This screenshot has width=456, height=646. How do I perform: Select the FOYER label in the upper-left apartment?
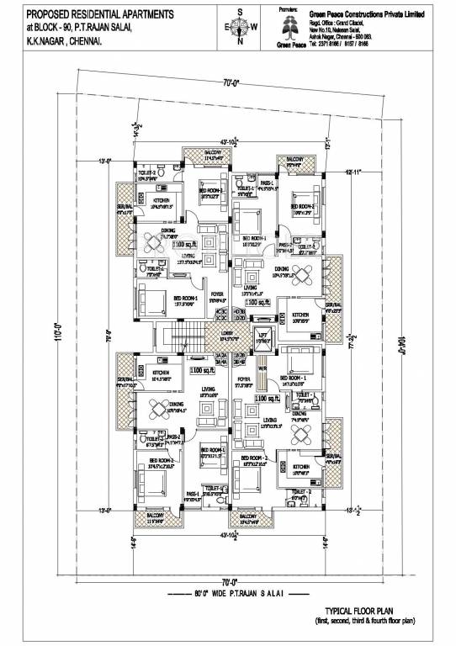pos(216,296)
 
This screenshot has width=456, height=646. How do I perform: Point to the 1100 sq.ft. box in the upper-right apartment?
pos(257,300)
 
